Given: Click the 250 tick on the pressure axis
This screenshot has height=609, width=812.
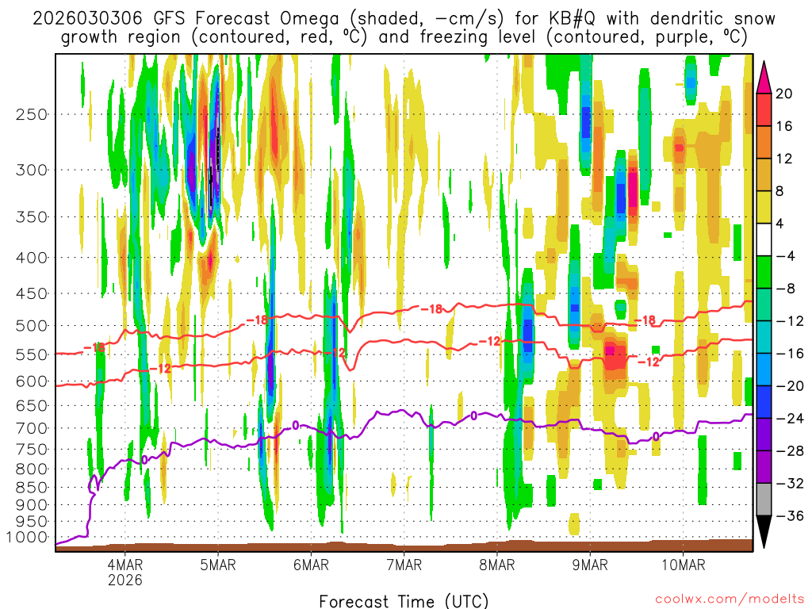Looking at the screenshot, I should [31, 113].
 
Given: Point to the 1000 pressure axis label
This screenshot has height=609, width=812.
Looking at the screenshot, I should [27, 537].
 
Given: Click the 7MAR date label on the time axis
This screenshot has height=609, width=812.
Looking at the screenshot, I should [404, 565].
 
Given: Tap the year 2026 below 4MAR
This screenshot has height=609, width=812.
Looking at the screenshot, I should [125, 580].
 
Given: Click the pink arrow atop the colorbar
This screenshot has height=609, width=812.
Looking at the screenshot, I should [764, 77].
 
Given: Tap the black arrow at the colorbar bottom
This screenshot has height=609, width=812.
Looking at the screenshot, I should [764, 532].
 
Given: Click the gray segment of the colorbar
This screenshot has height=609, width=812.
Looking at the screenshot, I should [764, 500].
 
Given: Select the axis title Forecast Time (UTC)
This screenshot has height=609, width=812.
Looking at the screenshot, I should [404, 600].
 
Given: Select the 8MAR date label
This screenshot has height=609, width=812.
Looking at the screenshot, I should [496, 565].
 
